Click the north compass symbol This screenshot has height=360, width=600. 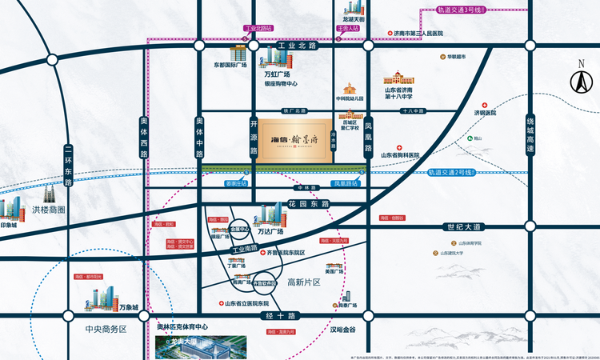(x=578, y=80)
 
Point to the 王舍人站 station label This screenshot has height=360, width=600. (x=349, y=28)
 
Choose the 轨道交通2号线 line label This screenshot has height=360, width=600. (x=454, y=171)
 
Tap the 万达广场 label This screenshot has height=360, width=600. (x=270, y=231)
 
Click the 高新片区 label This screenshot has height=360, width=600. (x=303, y=282)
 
